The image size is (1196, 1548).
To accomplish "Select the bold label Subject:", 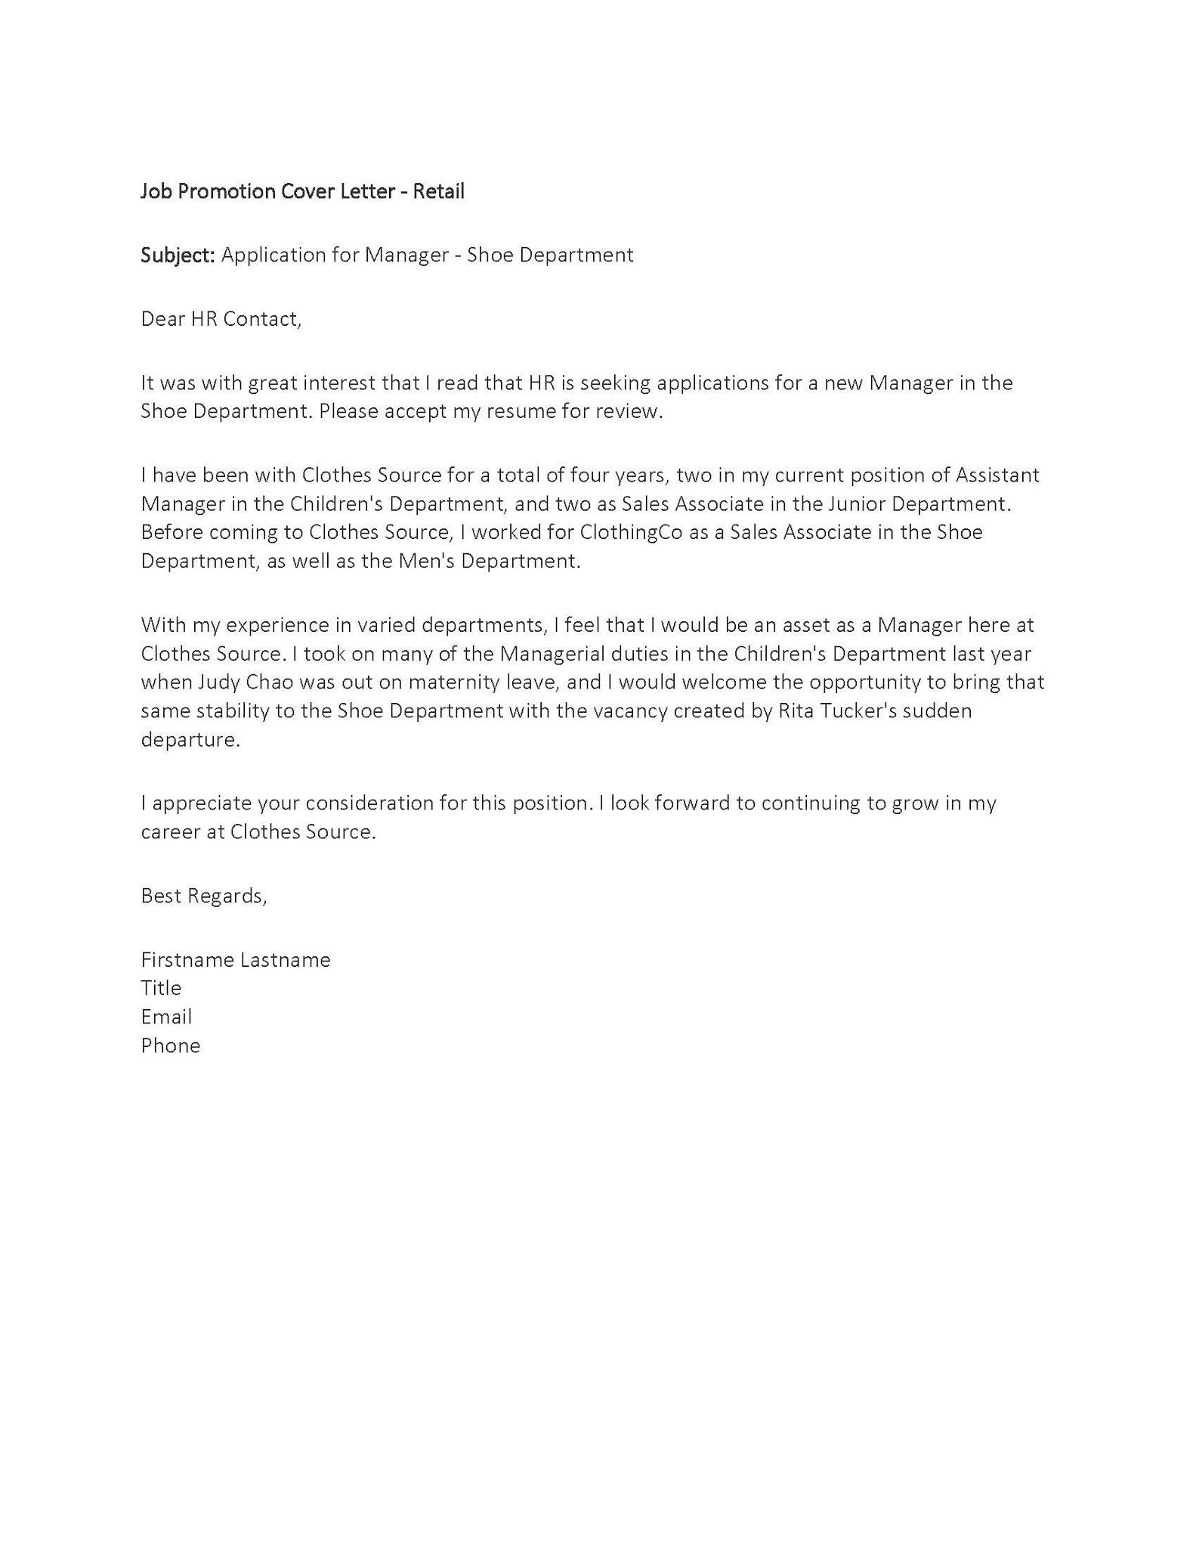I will click(178, 255).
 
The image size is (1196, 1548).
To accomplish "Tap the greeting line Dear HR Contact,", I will click(221, 319).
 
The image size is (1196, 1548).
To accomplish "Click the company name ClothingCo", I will click(631, 532).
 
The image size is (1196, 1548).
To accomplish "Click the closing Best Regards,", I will click(203, 896).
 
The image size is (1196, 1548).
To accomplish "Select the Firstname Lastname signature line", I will click(235, 960).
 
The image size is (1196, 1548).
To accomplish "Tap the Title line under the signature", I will click(161, 988).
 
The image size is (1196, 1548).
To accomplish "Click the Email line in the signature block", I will click(166, 1017).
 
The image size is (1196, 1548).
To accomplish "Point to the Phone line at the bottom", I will click(170, 1045).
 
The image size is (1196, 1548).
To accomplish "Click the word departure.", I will click(190, 740).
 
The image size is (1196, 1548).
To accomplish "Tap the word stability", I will click(240, 711).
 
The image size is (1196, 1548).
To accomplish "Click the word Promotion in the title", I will click(227, 191).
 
